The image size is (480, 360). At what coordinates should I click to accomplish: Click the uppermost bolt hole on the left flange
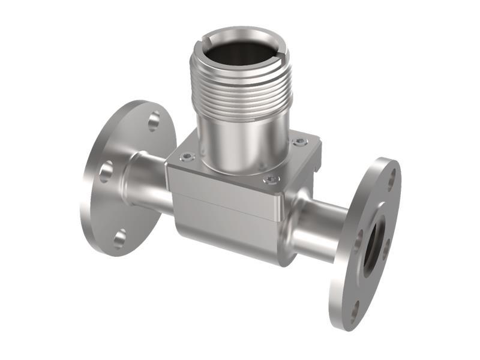pyautogui.click(x=154, y=121)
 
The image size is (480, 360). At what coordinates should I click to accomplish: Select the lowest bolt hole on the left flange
pyautogui.click(x=120, y=238)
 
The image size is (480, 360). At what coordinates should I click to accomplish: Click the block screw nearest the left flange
pyautogui.click(x=188, y=157)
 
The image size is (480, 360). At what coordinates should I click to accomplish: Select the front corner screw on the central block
pyautogui.click(x=272, y=179)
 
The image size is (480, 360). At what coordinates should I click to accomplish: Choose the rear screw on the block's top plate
pyautogui.click(x=300, y=142)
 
